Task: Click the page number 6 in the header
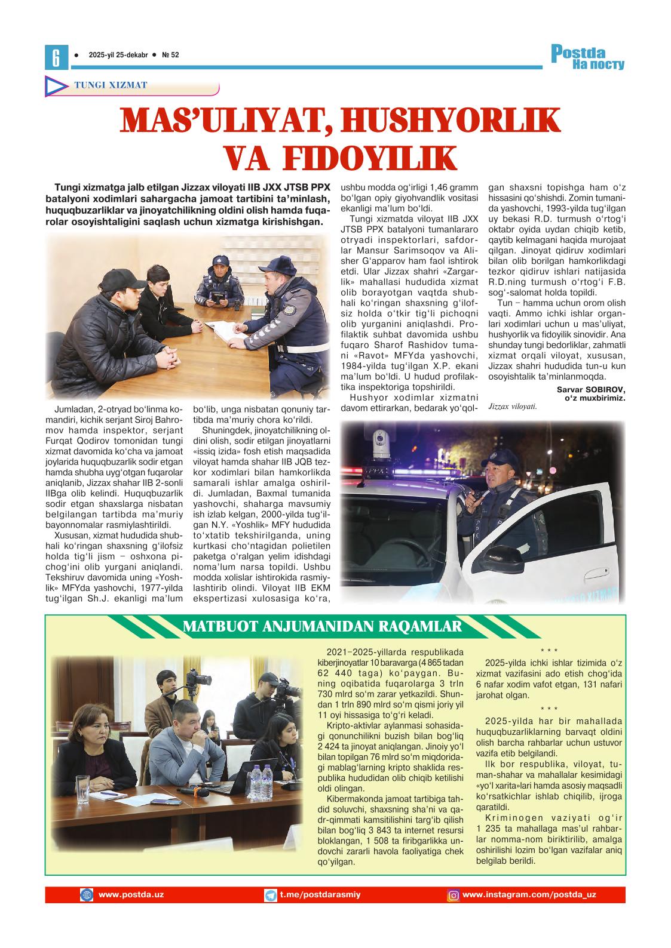56,57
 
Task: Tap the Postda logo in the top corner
587,58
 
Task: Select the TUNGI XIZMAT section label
111,85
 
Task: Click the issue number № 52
170,55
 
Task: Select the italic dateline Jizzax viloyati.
512,407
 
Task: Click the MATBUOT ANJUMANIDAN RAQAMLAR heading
322,626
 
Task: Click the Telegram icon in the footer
271,895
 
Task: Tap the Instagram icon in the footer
454,895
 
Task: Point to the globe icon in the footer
87,895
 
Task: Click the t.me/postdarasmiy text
320,894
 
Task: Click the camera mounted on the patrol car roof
379,442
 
